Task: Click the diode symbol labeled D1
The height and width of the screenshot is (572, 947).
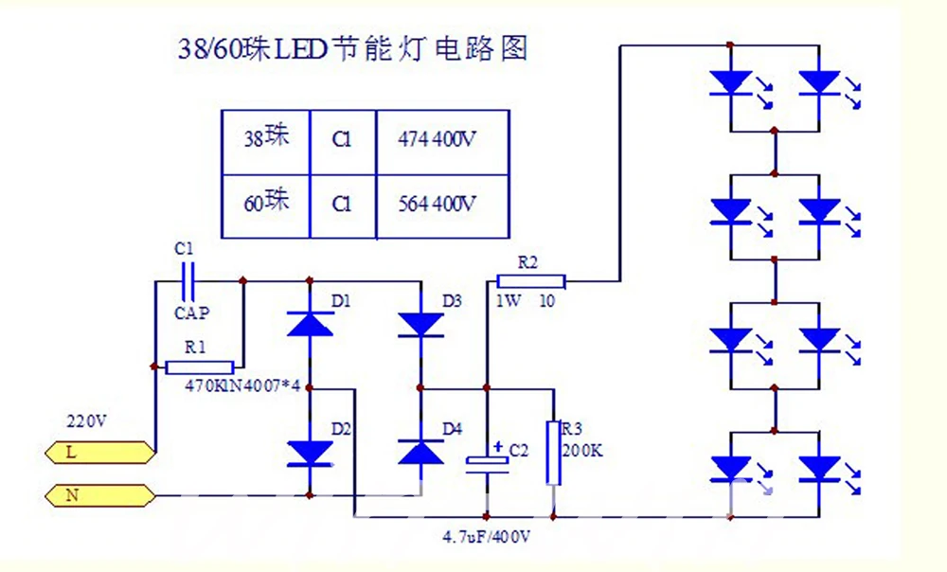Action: (x=310, y=324)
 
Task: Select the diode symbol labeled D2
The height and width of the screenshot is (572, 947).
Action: (x=310, y=454)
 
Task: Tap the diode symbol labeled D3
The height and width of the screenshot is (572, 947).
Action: (x=421, y=325)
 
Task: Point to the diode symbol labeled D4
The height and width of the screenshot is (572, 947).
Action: (x=421, y=452)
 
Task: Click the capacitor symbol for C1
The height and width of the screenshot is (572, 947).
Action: (x=188, y=281)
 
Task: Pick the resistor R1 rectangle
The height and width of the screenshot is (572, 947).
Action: (x=199, y=367)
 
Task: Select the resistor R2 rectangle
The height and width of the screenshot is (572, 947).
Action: (x=531, y=281)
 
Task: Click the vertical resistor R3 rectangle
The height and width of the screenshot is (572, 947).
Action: (x=553, y=453)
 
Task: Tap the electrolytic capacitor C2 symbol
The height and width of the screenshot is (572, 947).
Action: (x=487, y=461)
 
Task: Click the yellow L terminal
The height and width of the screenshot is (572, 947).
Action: (x=99, y=453)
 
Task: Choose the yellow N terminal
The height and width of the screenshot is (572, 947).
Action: (x=99, y=496)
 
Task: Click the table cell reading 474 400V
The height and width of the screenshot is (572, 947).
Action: (x=442, y=143)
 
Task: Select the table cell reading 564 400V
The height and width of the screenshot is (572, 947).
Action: (x=442, y=206)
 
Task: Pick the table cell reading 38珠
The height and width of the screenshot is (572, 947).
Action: (x=266, y=143)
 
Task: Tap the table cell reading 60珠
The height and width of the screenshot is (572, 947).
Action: (x=266, y=206)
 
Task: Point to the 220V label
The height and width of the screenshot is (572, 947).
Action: (x=86, y=421)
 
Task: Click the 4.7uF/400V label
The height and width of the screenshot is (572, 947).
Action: (x=486, y=537)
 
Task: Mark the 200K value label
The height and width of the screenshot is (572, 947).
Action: (x=582, y=451)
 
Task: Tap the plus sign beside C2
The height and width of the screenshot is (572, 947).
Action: (x=498, y=447)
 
